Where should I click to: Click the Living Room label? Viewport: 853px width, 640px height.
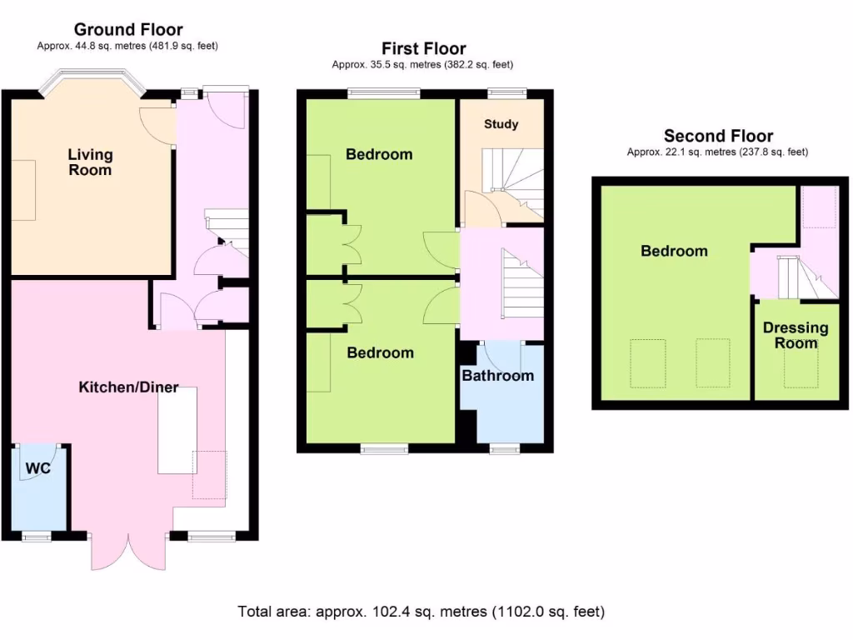point(90,162)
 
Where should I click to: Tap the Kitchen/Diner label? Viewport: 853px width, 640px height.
point(128,387)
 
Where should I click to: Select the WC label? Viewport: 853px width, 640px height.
point(37,469)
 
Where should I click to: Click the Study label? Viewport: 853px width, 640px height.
point(501,124)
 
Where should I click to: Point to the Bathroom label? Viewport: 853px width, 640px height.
point(497,376)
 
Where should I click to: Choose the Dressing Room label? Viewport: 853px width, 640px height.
point(796,335)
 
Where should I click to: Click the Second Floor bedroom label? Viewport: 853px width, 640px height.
point(674,251)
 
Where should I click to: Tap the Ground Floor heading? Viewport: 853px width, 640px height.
point(128,30)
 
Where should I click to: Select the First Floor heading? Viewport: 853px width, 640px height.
point(423,48)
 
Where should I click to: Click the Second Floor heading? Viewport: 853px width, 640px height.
point(718,136)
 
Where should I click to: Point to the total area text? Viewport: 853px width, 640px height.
point(422,612)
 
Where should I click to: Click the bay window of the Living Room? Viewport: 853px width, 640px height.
point(92,80)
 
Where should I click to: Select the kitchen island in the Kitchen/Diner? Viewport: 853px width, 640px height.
point(177,430)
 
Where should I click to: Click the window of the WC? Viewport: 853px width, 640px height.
point(37,537)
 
